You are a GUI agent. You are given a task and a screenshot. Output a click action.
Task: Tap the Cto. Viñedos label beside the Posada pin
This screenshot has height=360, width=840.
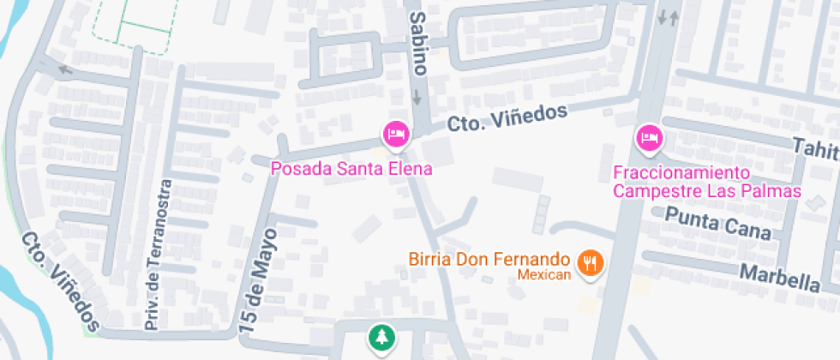pos(507,117)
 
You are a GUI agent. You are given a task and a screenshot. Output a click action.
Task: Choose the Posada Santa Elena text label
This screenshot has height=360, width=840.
pos(351,169)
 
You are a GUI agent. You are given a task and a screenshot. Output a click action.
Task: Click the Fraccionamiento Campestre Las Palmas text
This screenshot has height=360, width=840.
pos(706,182)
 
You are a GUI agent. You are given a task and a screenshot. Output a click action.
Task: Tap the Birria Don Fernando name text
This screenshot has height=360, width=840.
pos(489,259)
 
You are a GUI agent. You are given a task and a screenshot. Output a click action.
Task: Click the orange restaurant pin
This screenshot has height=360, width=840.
pos(590,262)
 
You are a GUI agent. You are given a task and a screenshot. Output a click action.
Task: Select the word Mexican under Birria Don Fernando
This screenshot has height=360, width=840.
pos(543,275)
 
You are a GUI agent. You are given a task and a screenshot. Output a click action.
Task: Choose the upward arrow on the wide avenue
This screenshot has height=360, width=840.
pos(674,17)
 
